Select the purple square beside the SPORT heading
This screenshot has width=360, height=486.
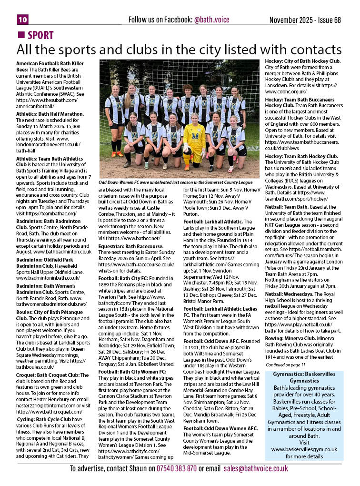point(20,35)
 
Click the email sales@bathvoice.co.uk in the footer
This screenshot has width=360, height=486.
point(255,468)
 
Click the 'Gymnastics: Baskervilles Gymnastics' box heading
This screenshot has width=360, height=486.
point(303,377)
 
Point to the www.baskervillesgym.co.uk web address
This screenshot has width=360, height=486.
point(304,449)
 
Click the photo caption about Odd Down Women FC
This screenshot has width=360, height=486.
point(176,182)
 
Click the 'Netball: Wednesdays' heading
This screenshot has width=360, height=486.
point(291,294)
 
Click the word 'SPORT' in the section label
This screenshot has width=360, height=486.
point(40,35)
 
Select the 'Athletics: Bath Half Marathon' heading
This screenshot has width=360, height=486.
point(50,113)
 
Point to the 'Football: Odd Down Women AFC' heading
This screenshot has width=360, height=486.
point(220,428)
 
